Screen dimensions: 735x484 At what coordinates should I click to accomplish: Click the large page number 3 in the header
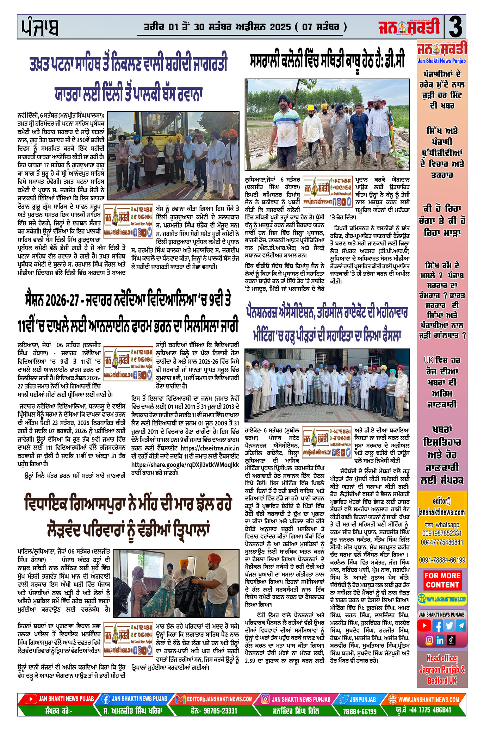pyautogui.click(x=455, y=27)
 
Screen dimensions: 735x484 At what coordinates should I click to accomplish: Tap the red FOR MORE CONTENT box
pyautogui.click(x=442, y=580)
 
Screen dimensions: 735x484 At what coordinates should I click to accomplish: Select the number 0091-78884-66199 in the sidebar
pyautogui.click(x=442, y=560)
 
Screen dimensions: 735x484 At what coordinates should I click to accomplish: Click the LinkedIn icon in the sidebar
pyautogui.click(x=440, y=640)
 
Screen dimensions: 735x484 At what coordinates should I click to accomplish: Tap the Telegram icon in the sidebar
pyautogui.click(x=460, y=626)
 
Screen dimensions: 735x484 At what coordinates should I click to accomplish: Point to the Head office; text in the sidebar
pyautogui.click(x=442, y=658)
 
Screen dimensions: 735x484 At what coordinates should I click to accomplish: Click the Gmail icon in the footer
pyautogui.click(x=180, y=699)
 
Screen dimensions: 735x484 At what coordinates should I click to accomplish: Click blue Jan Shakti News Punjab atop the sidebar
pyautogui.click(x=442, y=61)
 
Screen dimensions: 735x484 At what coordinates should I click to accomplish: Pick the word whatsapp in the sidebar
pyautogui.click(x=447, y=525)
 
